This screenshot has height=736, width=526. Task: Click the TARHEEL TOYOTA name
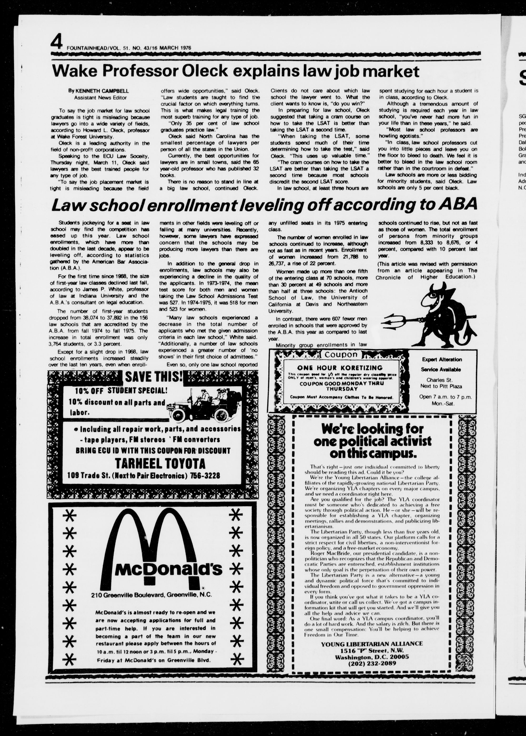160,464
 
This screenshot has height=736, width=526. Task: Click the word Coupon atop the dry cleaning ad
341,355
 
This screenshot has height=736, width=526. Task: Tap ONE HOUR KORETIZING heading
340,368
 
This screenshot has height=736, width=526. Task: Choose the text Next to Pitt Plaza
441,386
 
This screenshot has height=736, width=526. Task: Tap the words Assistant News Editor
100,98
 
